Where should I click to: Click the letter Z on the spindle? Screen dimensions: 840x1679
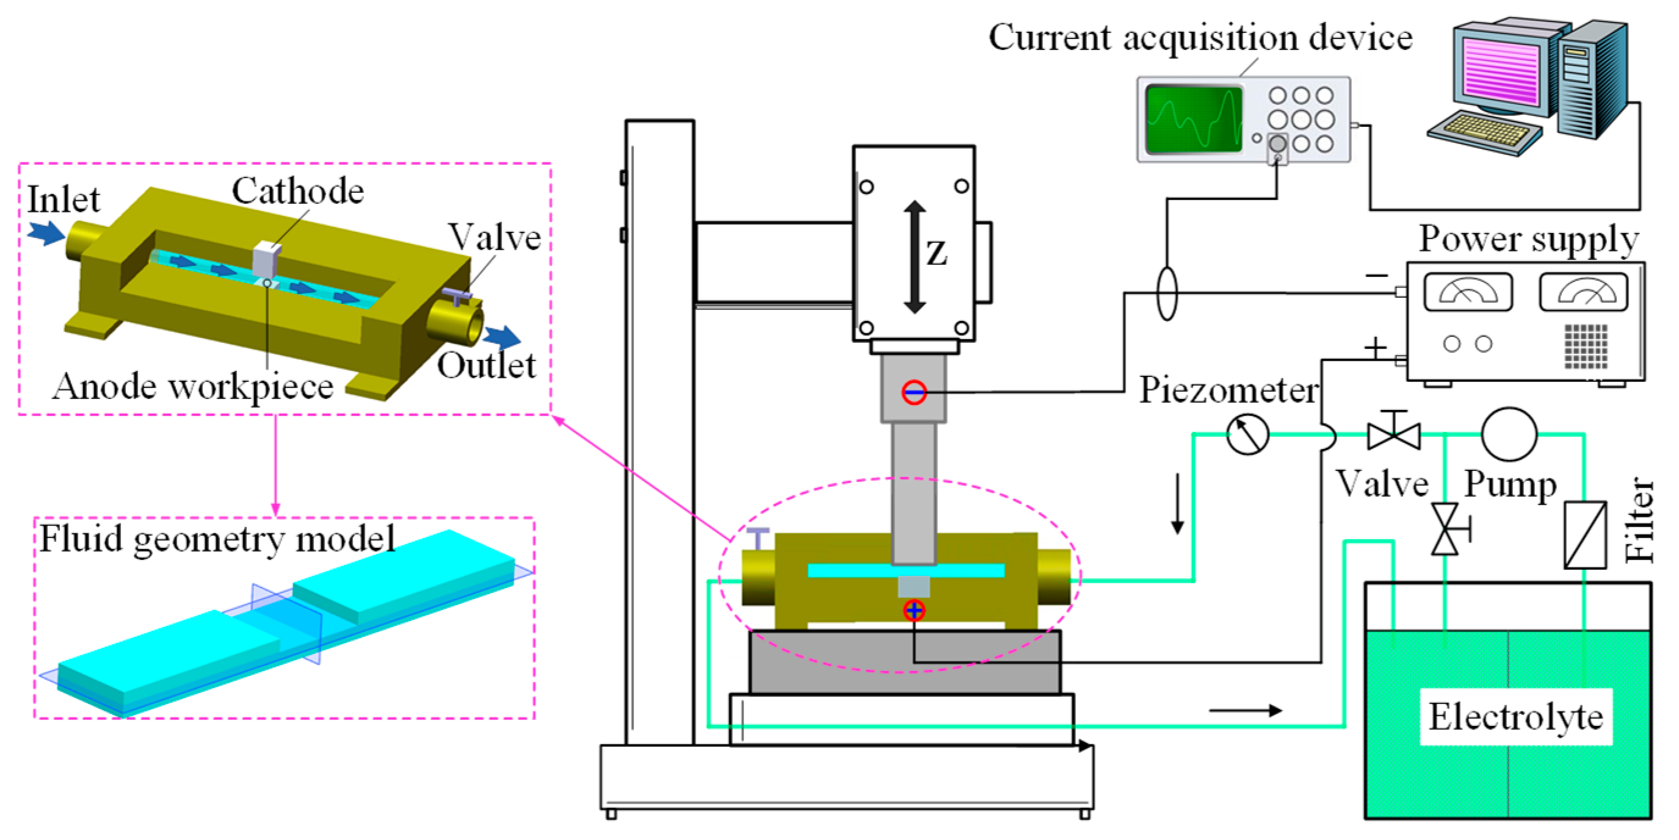coord(937,254)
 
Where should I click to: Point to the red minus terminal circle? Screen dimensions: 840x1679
coord(914,392)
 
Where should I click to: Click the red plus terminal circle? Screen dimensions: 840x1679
coord(914,611)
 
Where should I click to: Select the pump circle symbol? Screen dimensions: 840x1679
coord(1509,434)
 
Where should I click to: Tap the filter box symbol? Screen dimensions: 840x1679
coord(1585,534)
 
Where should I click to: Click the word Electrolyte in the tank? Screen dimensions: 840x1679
coord(1515,717)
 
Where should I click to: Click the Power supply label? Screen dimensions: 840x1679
coord(1528,240)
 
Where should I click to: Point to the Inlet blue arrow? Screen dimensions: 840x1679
coord(46,232)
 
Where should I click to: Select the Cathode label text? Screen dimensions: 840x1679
coord(298,192)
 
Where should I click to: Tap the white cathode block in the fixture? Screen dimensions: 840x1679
coord(267,259)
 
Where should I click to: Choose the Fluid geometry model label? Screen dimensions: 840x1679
coord(217,539)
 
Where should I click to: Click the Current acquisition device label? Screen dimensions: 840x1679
coord(1200,38)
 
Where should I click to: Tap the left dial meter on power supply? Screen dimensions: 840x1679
coord(1468,292)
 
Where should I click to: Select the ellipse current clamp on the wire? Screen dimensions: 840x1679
coord(1167,293)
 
